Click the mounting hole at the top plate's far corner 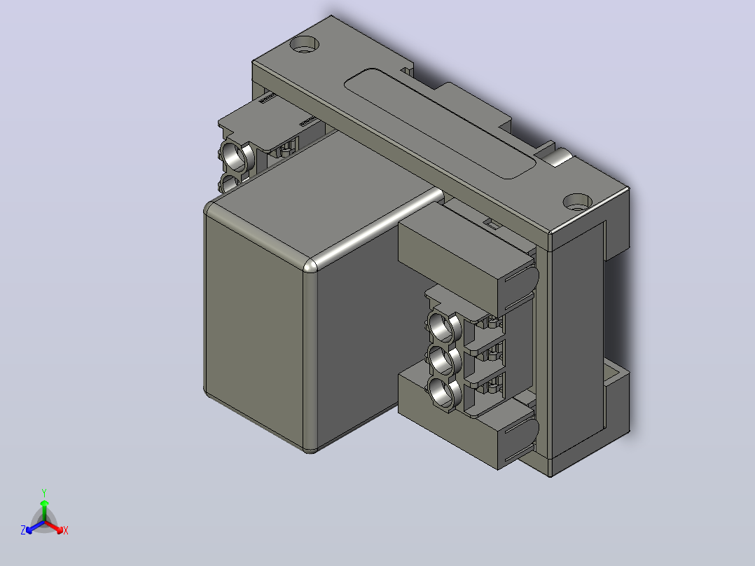304,45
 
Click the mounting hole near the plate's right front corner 577,202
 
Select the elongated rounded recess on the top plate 439,123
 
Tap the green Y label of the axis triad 44,492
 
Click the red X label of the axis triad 66,530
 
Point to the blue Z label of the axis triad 23,530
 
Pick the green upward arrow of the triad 44,511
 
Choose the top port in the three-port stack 442,327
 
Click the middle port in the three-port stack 442,360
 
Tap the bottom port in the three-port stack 442,392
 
